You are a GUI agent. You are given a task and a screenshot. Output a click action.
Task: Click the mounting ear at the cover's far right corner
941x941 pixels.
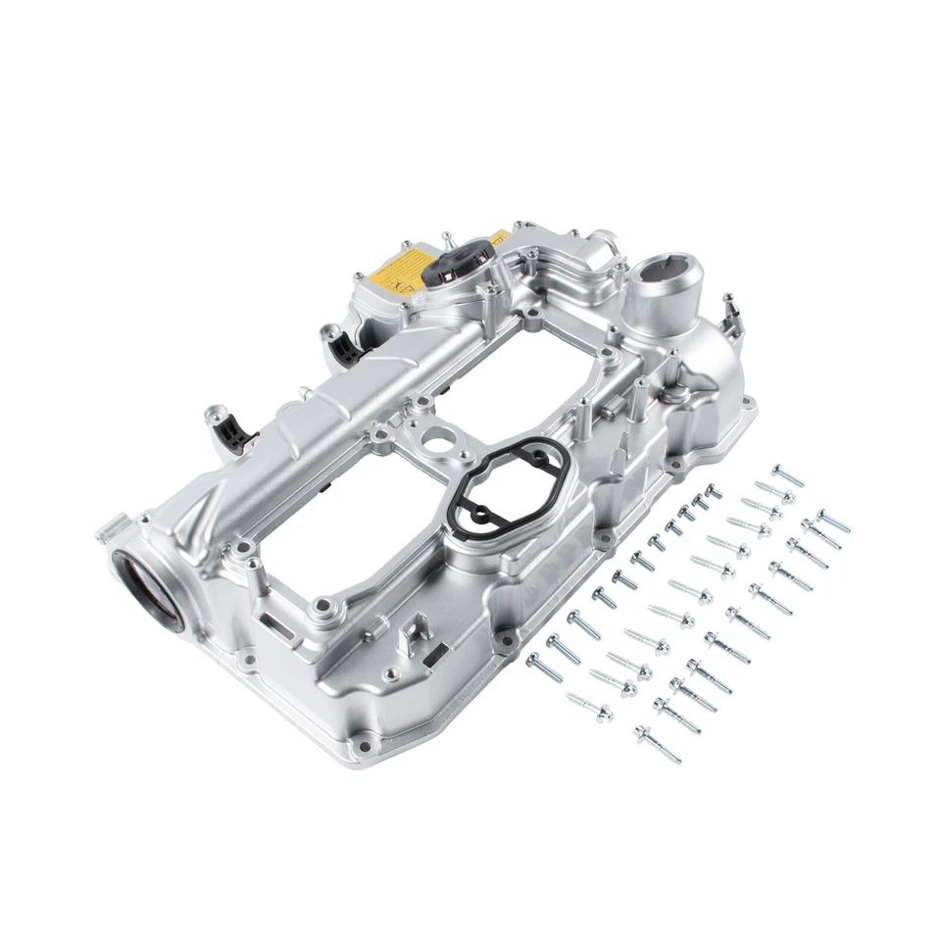(750, 402)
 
